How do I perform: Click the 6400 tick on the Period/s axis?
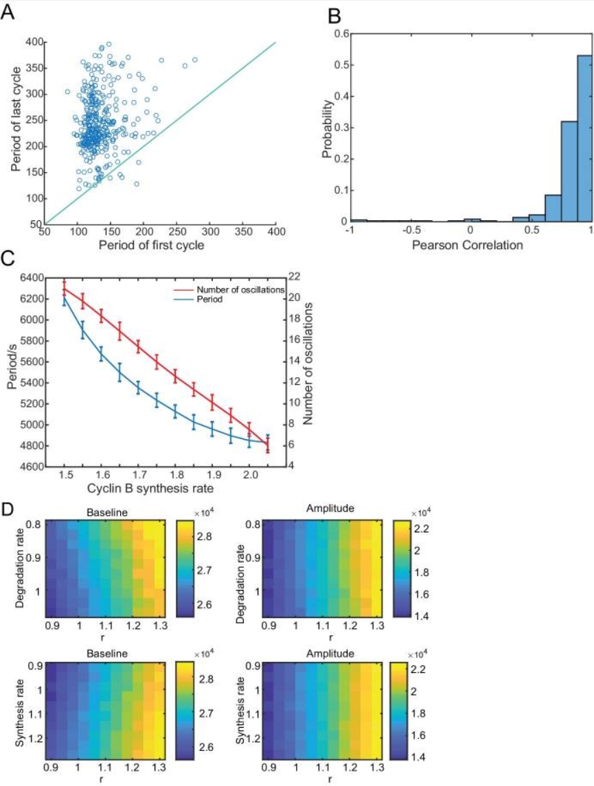[x=30, y=278]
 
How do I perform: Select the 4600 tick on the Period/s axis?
[x=30, y=466]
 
